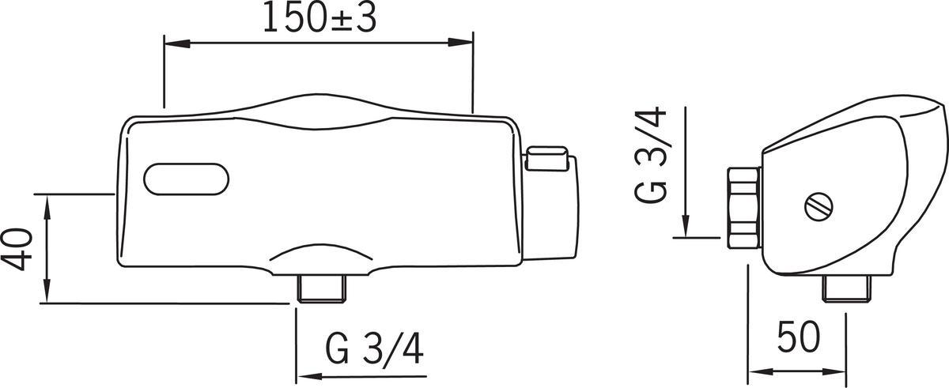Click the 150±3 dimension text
319,17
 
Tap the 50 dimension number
798,337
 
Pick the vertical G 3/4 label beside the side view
653,156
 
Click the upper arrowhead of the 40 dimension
48,202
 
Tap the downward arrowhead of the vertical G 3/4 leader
686,225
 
